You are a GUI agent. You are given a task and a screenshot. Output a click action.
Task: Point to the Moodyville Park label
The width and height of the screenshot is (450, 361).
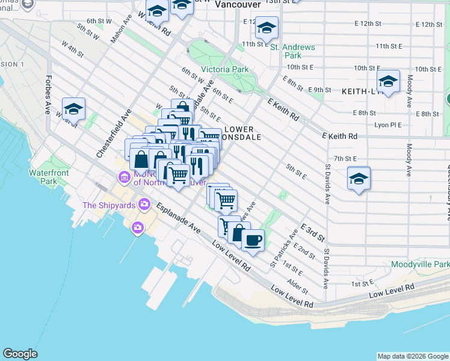click(x=420, y=264)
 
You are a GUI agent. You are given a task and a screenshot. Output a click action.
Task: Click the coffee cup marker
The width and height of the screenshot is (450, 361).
click(x=253, y=239)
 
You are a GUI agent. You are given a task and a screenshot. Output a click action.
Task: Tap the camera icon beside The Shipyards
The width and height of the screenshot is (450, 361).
click(x=144, y=205)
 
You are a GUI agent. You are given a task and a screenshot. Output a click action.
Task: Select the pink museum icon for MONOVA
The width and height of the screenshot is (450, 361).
click(x=125, y=177)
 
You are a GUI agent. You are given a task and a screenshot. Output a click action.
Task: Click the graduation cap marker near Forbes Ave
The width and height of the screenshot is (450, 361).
click(x=73, y=108)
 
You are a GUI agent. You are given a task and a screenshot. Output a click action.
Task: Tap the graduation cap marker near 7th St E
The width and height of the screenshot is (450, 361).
click(x=359, y=179)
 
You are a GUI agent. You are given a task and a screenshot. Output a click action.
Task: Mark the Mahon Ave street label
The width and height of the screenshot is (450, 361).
click(x=120, y=28)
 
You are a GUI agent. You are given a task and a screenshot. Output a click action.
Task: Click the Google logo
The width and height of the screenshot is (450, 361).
click(x=20, y=354)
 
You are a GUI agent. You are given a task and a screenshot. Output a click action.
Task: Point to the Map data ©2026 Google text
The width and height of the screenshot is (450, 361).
click(x=412, y=356)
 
